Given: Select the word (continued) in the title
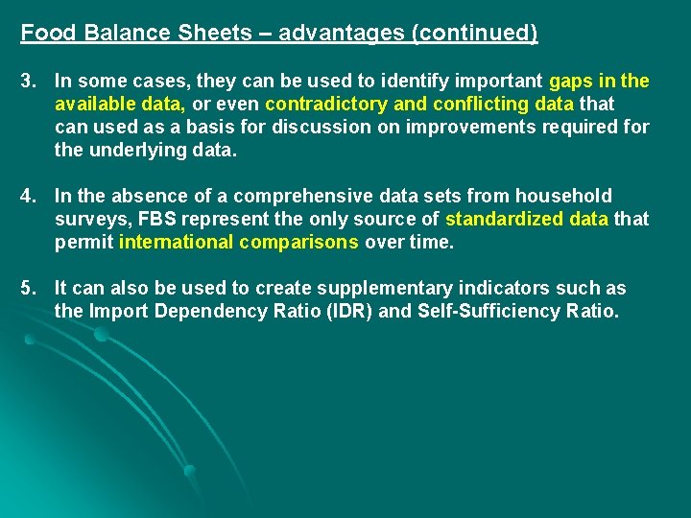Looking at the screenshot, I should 474,34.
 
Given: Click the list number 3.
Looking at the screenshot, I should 27,81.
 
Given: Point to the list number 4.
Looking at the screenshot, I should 27,197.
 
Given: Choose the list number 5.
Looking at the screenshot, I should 27,289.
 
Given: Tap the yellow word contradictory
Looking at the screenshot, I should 328,104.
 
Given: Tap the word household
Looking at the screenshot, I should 567,197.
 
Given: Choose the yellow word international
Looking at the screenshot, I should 176,243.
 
